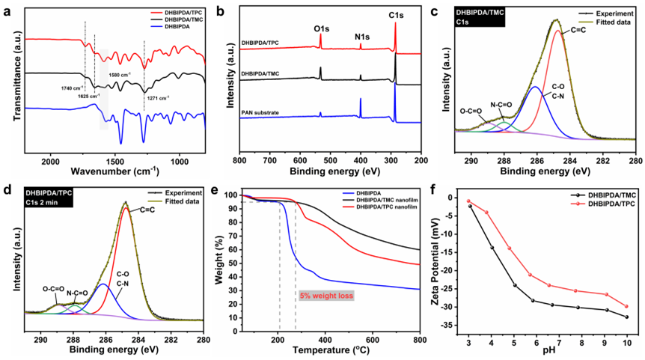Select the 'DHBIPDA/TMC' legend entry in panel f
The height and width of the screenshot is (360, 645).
[x=596, y=195]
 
